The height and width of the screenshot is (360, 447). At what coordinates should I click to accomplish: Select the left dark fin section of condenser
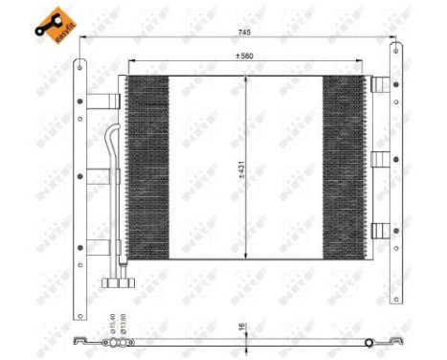pyautogui.click(x=147, y=167)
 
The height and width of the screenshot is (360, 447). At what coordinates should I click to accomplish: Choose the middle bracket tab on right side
pyautogui.click(x=380, y=158)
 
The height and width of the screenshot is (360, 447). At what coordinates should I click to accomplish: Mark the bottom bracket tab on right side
pyautogui.click(x=380, y=230)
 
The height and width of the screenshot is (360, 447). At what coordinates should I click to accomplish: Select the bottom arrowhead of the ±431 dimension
pyautogui.click(x=247, y=256)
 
